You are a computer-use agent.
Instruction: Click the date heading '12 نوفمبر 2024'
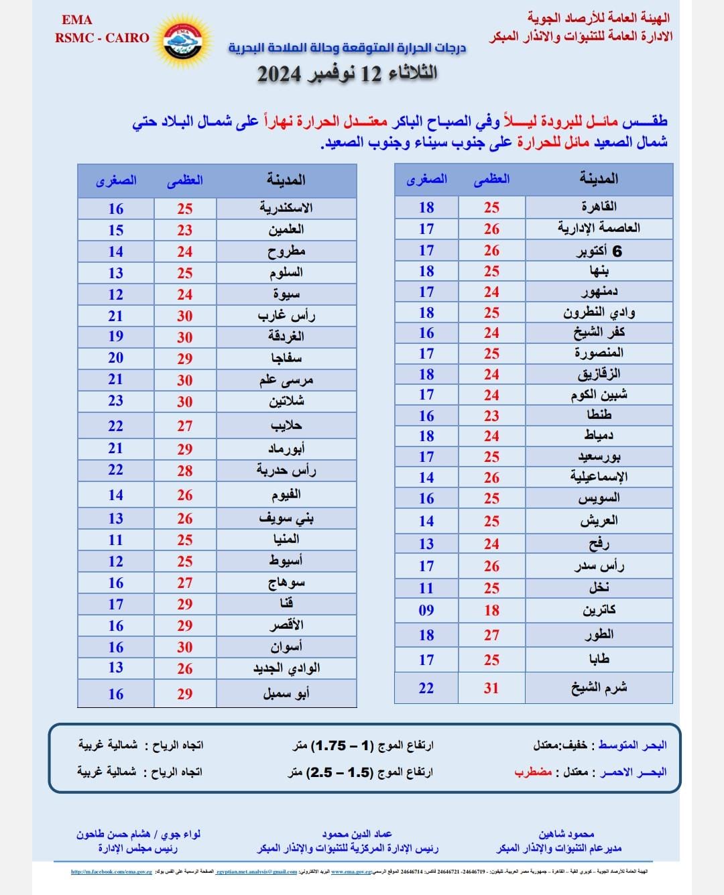347,73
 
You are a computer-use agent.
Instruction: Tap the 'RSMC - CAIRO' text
102,38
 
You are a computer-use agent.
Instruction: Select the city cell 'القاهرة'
599,206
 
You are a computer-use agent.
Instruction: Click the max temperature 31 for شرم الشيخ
491,688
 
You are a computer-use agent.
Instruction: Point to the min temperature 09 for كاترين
426,610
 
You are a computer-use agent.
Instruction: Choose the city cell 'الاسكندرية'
286,208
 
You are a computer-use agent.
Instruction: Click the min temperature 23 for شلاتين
115,401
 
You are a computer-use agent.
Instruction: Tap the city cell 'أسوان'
286,647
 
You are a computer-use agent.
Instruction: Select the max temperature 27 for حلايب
184,426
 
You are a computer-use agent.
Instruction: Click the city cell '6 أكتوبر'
599,251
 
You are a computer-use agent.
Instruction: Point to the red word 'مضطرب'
533,772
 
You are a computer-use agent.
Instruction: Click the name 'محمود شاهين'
566,834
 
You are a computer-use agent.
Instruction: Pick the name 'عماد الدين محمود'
357,834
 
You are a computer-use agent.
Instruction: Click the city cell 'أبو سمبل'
286,694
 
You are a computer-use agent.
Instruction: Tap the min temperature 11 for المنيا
115,540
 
